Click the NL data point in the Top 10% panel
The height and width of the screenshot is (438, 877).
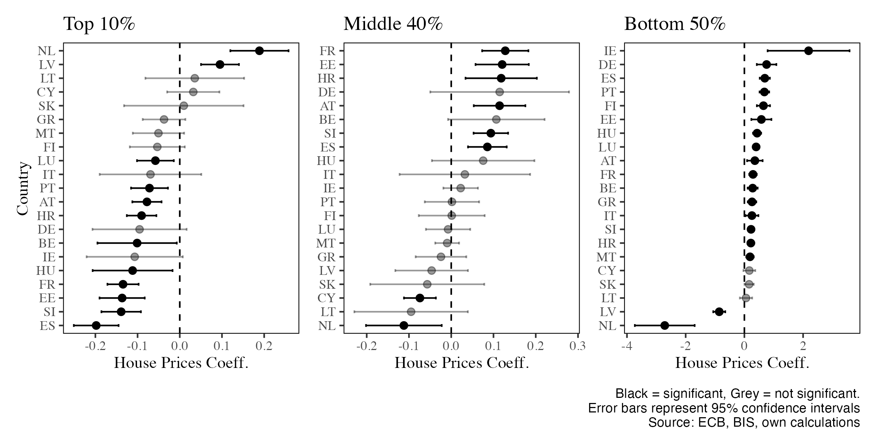click(x=259, y=51)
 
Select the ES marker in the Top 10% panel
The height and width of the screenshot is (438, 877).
click(x=96, y=325)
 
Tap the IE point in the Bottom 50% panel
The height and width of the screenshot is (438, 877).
click(x=808, y=51)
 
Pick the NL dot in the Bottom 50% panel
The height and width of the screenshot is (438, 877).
click(x=664, y=325)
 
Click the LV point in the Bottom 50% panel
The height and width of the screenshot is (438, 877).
click(x=719, y=312)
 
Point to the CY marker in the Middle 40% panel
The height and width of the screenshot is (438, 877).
click(x=420, y=298)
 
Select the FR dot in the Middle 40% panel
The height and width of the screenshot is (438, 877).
click(x=505, y=51)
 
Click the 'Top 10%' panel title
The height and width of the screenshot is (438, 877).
click(x=99, y=24)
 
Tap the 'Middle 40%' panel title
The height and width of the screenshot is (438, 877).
click(x=393, y=24)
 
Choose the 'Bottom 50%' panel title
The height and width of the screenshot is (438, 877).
click(x=675, y=24)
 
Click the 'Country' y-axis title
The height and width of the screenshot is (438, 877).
click(x=23, y=188)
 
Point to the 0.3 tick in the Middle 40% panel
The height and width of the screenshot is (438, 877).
click(x=577, y=346)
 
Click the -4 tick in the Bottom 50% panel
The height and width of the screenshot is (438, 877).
click(x=626, y=346)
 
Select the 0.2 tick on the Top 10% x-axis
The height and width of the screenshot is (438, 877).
click(x=264, y=346)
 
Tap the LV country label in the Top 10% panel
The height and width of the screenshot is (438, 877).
click(x=47, y=65)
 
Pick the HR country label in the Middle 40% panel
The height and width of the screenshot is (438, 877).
click(x=327, y=78)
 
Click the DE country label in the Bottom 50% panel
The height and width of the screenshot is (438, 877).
click(x=607, y=65)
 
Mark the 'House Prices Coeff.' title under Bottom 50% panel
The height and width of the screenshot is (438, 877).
click(x=742, y=363)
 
